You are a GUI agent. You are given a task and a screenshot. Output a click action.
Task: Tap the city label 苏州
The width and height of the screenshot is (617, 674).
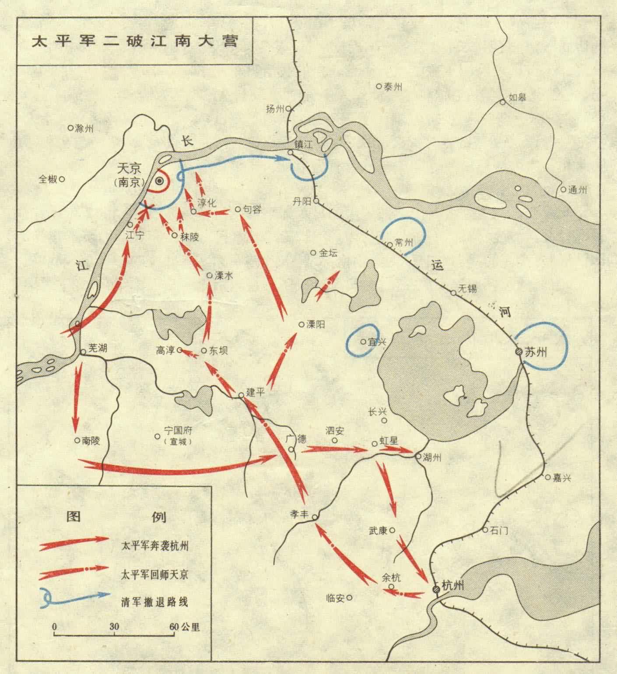click(x=537, y=351)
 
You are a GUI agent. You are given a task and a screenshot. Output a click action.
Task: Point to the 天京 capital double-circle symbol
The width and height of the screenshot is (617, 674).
click(x=160, y=181)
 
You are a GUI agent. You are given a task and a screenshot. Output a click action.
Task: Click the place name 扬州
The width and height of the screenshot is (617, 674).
click(x=275, y=109)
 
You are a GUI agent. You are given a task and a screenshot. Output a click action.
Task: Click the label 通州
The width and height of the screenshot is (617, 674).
click(x=577, y=190)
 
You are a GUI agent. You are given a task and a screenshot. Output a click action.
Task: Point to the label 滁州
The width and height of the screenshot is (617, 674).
click(x=84, y=128)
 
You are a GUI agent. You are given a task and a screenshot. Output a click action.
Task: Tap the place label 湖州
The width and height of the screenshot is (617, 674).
click(x=432, y=457)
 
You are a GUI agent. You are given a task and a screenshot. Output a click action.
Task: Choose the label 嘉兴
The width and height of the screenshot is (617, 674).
click(x=562, y=478)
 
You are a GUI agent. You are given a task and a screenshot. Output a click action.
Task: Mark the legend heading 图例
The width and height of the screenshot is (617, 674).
click(x=116, y=517)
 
